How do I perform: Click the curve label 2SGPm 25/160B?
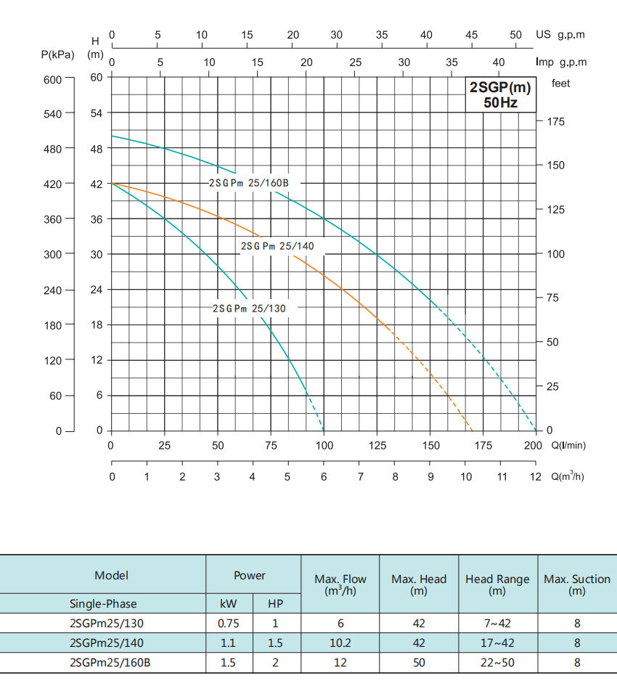(249, 183)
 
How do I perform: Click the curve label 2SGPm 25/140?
(277, 246)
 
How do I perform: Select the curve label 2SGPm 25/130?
(249, 309)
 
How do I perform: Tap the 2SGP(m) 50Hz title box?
(501, 95)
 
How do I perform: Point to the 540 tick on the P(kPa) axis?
(54, 113)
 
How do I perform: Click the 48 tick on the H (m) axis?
(97, 148)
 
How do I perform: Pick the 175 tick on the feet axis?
(555, 122)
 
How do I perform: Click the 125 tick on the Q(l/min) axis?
(378, 446)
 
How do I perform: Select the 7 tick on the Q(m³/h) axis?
(360, 477)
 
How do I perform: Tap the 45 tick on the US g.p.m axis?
(472, 35)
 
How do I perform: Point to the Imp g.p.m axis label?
(561, 62)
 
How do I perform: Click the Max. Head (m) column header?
(419, 585)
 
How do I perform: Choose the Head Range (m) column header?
(497, 585)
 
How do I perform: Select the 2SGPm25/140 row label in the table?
(102, 643)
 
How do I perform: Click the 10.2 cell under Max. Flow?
(340, 643)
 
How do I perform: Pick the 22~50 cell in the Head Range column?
(497, 662)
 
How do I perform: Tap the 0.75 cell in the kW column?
(228, 623)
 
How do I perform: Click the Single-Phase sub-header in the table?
(102, 603)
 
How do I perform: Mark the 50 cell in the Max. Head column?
(419, 662)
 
